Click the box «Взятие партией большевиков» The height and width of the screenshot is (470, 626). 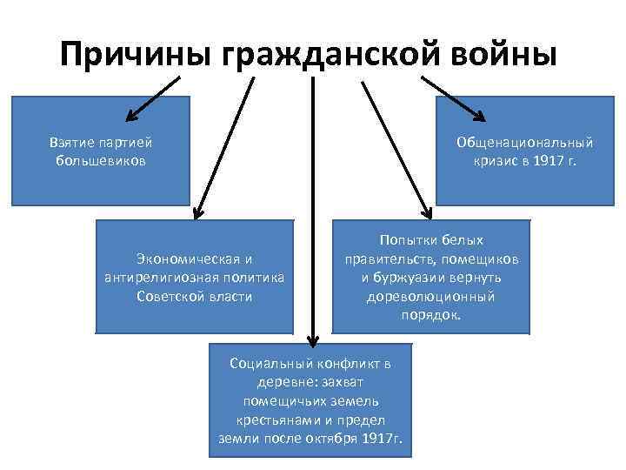pos(101,151)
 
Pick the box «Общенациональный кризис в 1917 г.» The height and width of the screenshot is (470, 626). pos(525,151)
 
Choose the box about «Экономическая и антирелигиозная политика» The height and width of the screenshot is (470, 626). pos(194,276)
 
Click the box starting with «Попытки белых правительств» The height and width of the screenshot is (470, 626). pos(430,276)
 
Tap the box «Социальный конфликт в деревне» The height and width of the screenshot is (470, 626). pos(310,399)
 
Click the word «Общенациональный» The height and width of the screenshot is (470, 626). pos(525,142)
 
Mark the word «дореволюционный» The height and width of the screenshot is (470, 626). pos(431,296)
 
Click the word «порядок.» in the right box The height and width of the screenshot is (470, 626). pos(431,315)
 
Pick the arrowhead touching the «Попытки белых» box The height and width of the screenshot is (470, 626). pos(426,211)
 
